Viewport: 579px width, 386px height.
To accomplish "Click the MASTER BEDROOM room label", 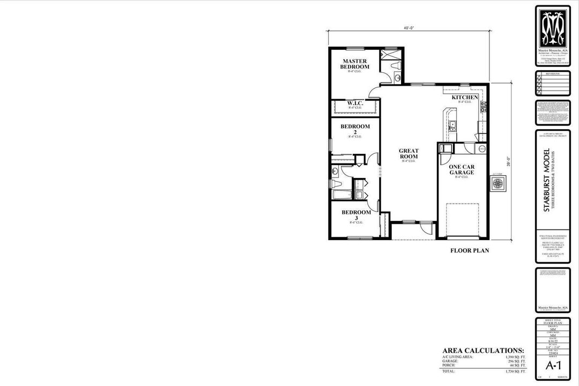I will click(x=354, y=64).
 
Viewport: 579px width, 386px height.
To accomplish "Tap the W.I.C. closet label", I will click(x=354, y=103).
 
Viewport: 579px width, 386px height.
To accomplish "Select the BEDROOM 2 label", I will click(x=355, y=129).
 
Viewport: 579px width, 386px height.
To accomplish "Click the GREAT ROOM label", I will click(x=409, y=154).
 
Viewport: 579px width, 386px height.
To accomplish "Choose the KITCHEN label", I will click(x=464, y=98).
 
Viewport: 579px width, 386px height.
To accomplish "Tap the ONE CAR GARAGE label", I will click(x=462, y=170).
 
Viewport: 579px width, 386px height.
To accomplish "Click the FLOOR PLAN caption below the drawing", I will click(x=469, y=250).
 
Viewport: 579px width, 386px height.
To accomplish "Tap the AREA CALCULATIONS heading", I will click(x=482, y=350).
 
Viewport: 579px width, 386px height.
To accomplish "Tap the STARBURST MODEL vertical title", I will click(x=547, y=180).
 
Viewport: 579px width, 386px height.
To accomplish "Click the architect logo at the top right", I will click(x=555, y=27).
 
